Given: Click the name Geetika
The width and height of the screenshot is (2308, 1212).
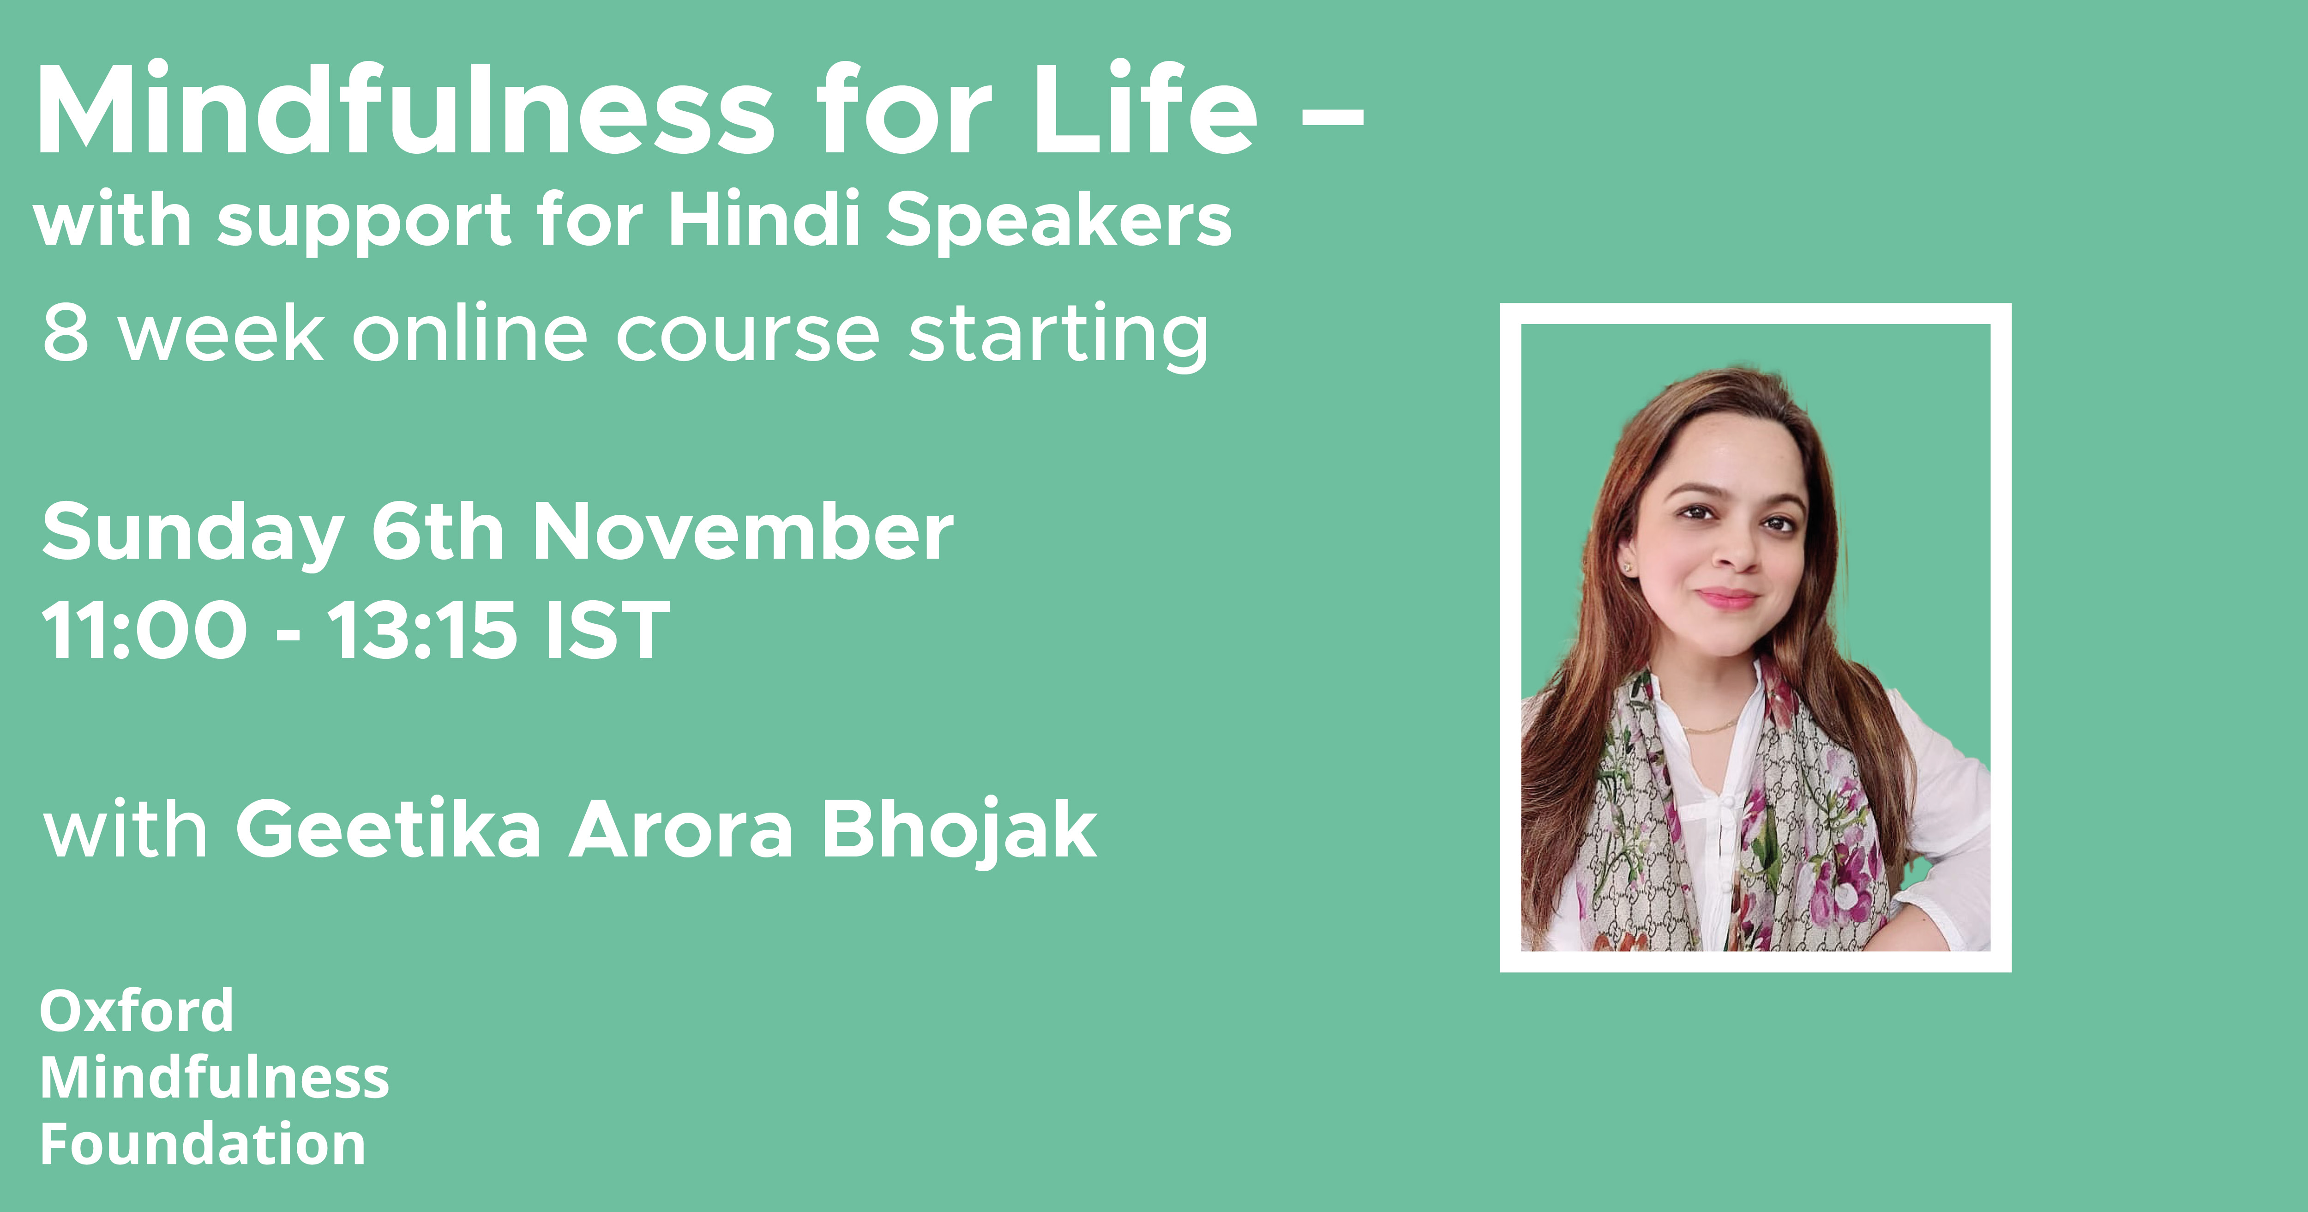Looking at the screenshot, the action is (x=388, y=830).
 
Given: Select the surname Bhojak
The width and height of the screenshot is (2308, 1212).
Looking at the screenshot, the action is (x=960, y=832).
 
